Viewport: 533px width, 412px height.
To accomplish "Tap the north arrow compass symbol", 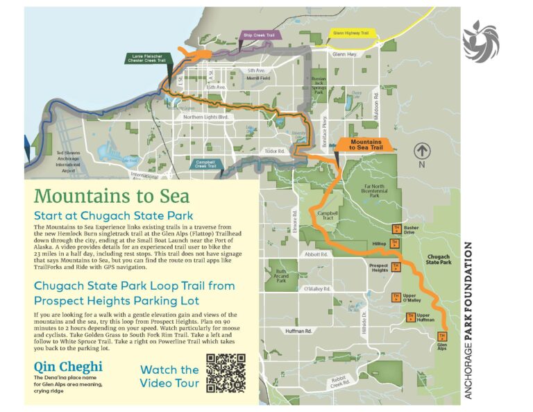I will (421, 151).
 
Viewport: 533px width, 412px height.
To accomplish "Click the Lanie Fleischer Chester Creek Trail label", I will (147, 58).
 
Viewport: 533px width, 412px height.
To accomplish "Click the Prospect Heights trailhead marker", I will (396, 266).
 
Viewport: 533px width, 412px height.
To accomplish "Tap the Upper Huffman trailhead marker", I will (409, 317).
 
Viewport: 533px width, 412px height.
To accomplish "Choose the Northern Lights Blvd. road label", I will (205, 117).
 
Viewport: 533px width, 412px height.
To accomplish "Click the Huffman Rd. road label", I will (300, 331).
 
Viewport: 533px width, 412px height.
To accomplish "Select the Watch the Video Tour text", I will (169, 376).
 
